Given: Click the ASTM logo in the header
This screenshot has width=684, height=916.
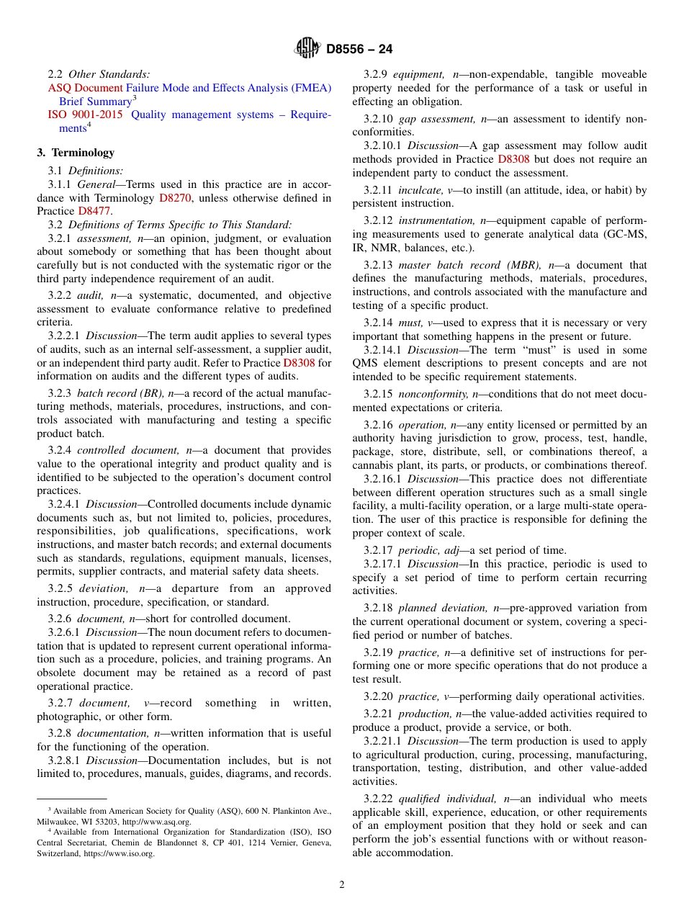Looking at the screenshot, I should pos(307,49).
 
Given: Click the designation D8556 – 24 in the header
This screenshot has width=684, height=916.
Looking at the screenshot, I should pos(359,50).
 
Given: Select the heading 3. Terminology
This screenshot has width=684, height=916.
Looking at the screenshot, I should pos(76,153).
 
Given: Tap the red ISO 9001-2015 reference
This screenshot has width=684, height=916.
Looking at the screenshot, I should pos(85,114).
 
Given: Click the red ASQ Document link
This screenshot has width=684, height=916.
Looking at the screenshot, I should pos(85,88).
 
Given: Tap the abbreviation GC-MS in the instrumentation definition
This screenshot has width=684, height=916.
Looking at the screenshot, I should pos(630,235).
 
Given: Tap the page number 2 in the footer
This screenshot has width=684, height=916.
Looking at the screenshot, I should pos(342,885).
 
